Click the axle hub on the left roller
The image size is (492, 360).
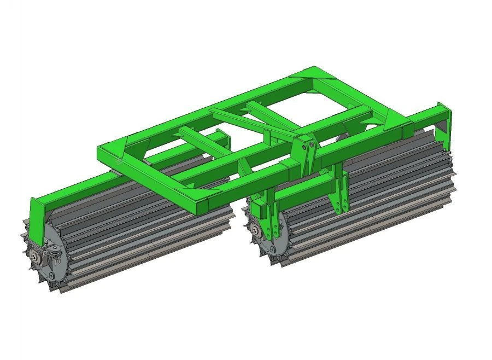(37, 257)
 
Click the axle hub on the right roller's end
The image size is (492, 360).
(255, 230)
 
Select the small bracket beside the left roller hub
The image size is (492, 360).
(55, 252)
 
